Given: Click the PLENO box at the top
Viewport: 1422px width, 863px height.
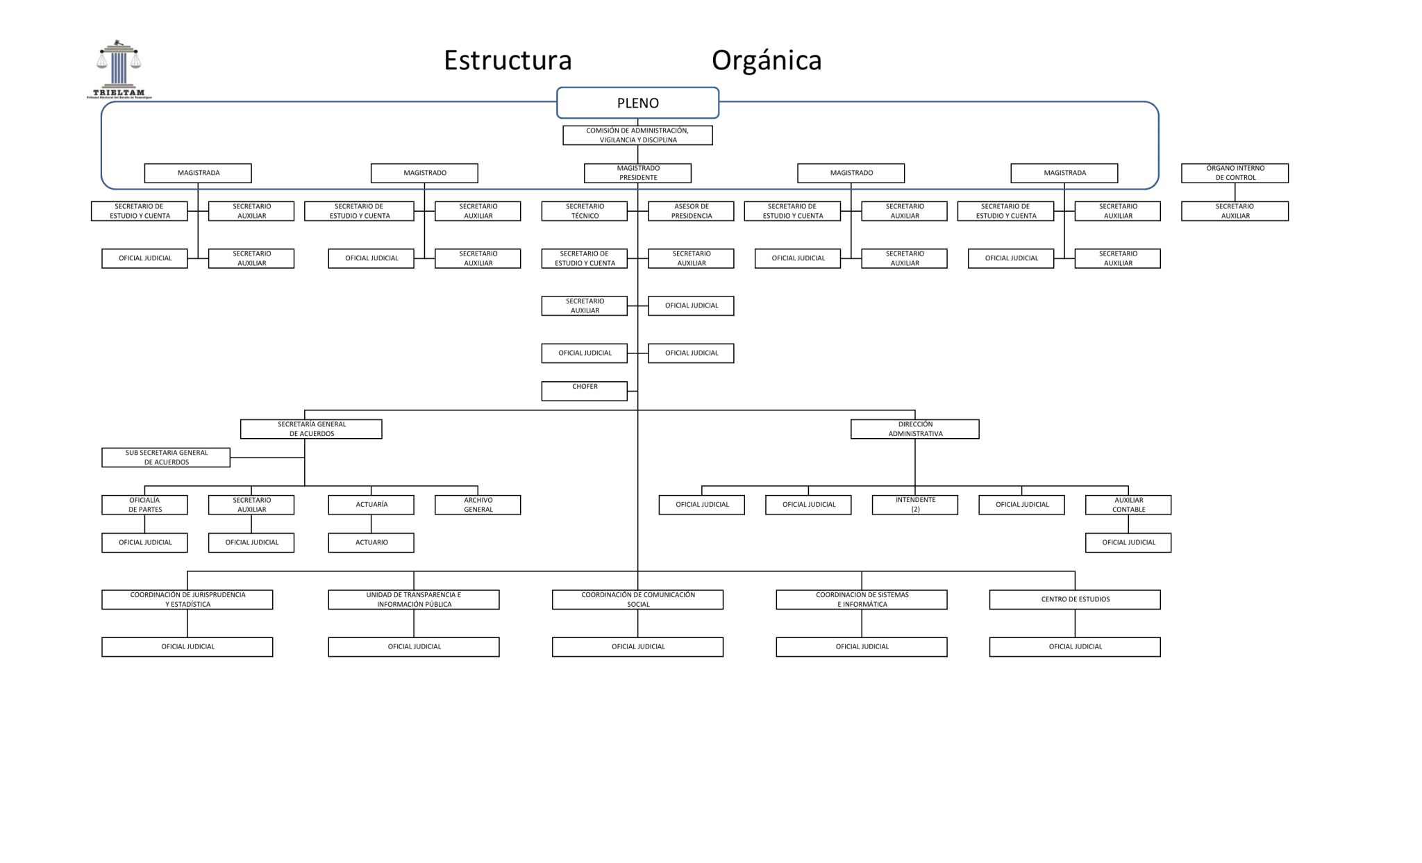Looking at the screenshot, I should click(637, 103).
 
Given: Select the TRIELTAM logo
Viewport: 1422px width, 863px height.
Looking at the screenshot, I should click(119, 69).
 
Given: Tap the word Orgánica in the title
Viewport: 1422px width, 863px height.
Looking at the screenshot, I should click(766, 60).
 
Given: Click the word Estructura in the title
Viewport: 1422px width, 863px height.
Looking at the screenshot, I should click(508, 60).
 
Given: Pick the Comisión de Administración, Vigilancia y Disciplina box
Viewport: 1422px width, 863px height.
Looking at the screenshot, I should click(637, 135).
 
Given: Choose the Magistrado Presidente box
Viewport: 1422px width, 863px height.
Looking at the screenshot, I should click(637, 173).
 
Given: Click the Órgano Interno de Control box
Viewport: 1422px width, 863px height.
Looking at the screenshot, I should click(1235, 173).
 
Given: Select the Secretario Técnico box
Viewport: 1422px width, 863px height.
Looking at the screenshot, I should click(585, 211).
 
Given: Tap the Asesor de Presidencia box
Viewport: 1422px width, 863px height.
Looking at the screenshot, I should click(691, 211).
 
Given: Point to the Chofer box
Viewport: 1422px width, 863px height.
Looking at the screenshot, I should click(585, 391).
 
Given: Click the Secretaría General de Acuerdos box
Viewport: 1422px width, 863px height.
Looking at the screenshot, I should click(311, 429).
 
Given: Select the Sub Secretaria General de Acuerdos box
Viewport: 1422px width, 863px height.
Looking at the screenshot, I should click(166, 458).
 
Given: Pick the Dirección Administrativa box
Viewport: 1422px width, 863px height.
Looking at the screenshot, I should click(914, 429).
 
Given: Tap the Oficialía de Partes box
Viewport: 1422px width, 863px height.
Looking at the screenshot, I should click(144, 505).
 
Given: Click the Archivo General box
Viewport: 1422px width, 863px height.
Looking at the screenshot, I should click(478, 505).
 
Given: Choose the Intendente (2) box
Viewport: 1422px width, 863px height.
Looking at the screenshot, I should click(914, 505).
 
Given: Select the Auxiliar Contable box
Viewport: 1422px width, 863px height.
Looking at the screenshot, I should click(1128, 505).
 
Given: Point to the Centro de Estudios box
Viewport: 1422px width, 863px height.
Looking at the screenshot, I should click(1075, 600).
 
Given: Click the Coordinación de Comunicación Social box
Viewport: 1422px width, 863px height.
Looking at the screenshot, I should click(637, 600).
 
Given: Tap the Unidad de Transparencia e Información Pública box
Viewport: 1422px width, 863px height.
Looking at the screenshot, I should click(414, 600).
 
